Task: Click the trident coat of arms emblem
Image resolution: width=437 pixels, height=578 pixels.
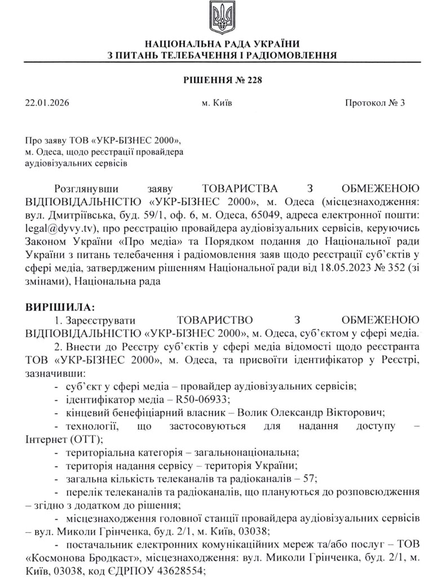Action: point(218,17)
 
